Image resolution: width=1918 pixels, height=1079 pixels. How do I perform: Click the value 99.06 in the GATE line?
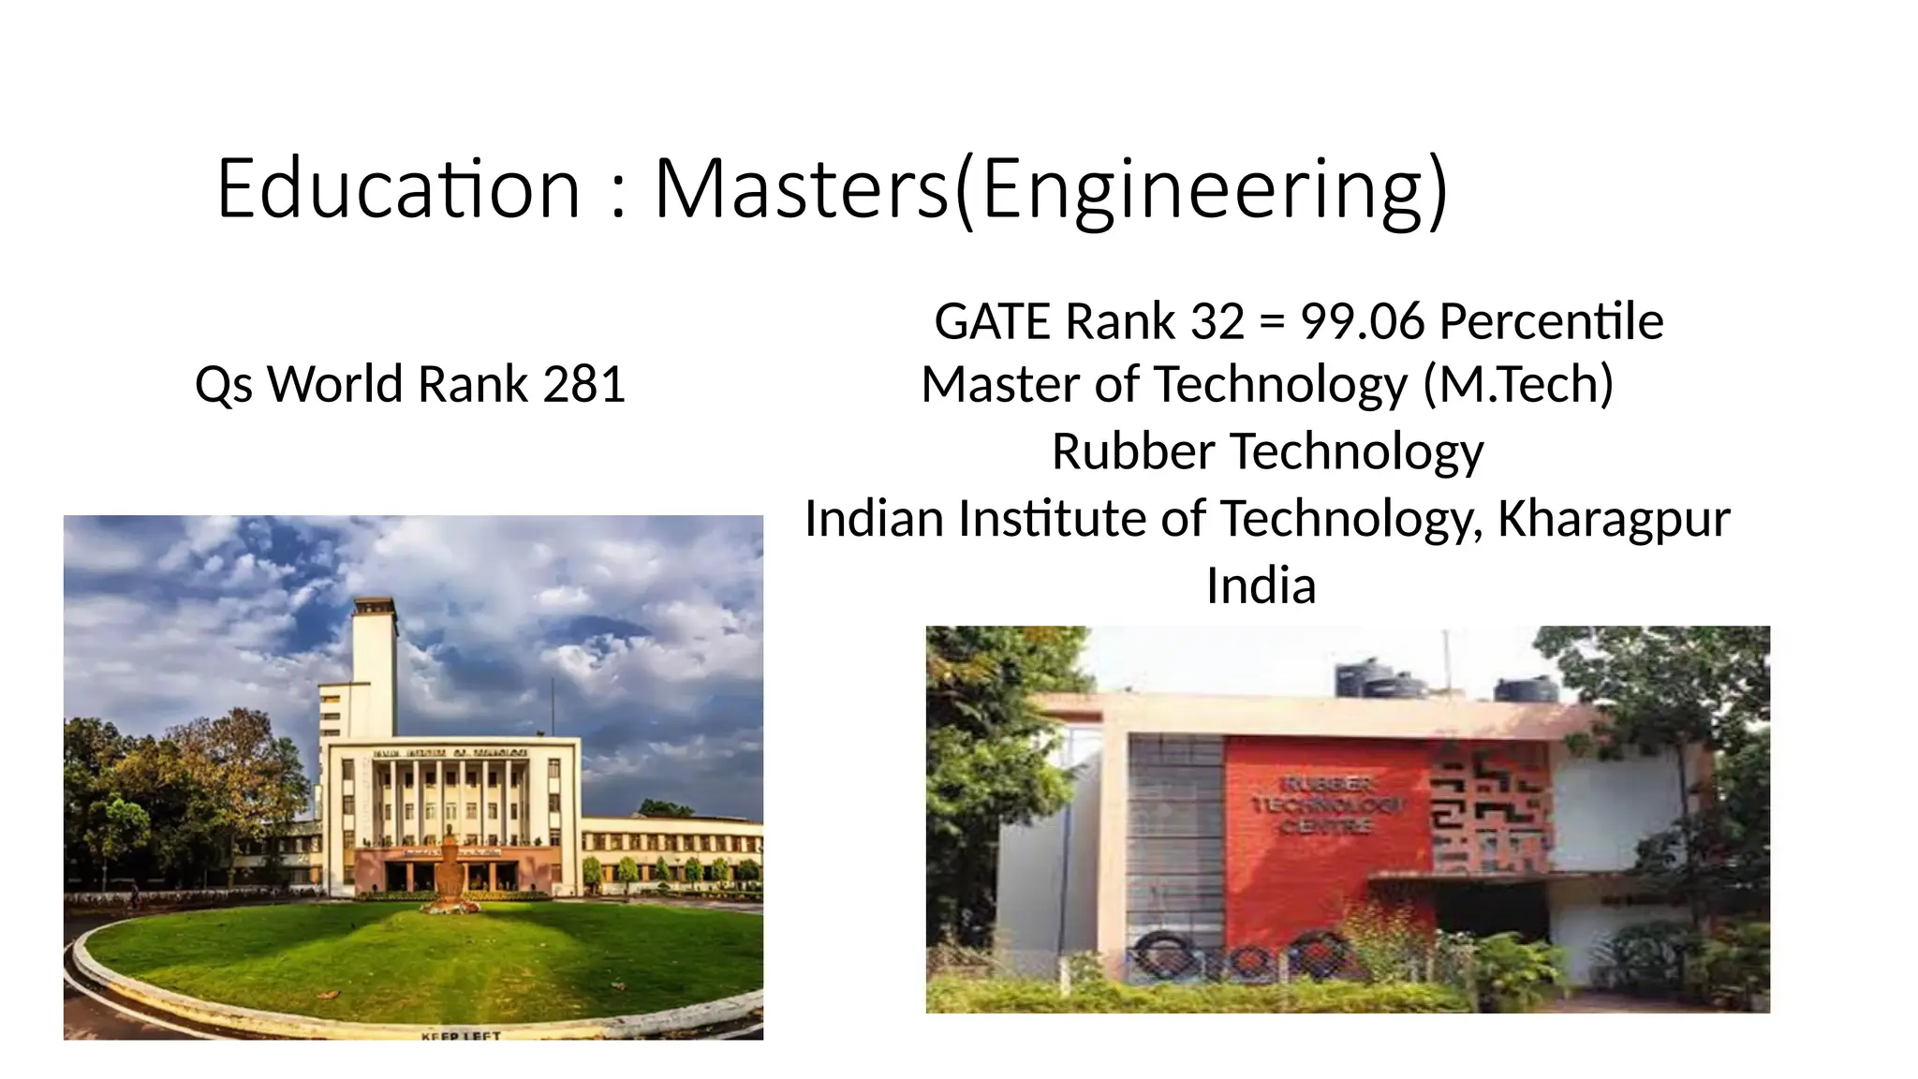click(x=1363, y=321)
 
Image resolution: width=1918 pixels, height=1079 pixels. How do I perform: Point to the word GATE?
click(x=994, y=321)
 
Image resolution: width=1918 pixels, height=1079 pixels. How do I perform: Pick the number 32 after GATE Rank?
click(x=1217, y=321)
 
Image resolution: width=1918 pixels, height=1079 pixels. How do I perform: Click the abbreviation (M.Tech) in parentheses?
click(x=1518, y=384)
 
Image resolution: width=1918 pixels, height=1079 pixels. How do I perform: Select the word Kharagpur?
click(x=1614, y=519)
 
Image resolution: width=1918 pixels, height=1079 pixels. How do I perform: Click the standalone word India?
click(x=1261, y=586)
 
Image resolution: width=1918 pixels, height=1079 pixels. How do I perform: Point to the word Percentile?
click(x=1551, y=321)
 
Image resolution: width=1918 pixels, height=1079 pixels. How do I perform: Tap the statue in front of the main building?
click(x=450, y=866)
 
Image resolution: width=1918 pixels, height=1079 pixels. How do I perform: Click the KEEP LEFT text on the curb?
click(x=461, y=1036)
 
